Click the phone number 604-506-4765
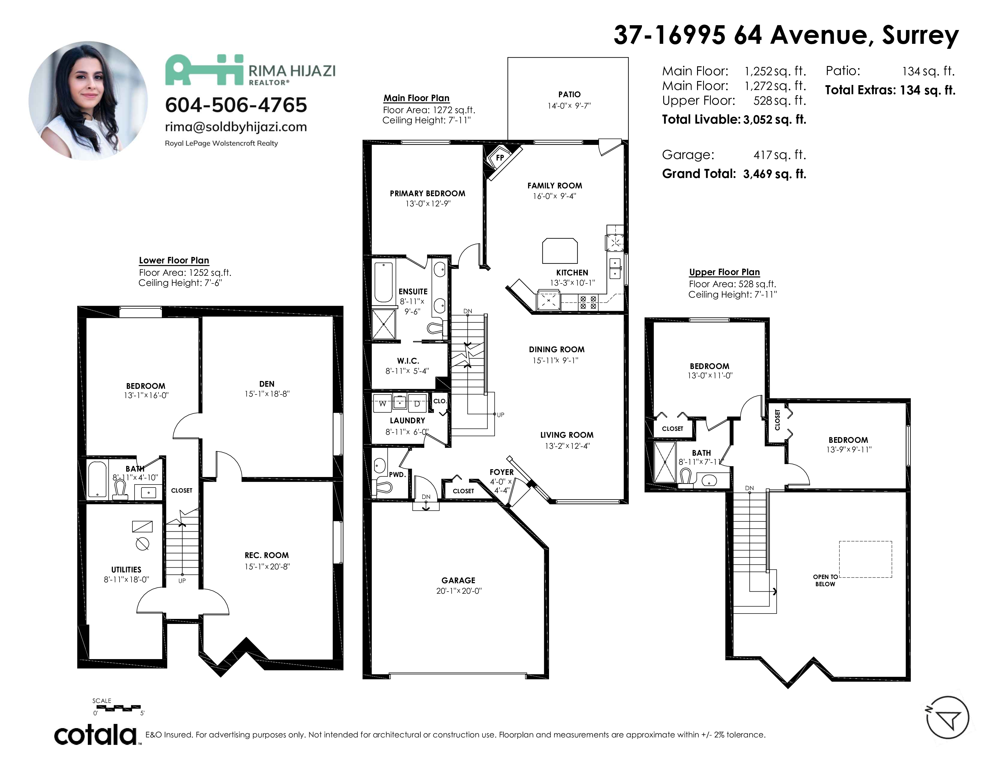point(236,105)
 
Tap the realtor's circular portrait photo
point(88,100)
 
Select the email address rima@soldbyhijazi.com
point(236,127)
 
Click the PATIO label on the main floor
point(569,94)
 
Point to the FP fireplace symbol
point(500,158)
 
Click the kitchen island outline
point(560,250)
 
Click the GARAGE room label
point(458,580)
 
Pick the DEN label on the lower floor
point(267,384)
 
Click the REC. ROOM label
point(267,555)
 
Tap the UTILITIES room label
point(126,570)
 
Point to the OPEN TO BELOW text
point(825,580)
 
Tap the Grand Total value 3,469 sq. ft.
point(774,174)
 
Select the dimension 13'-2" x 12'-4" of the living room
point(567,446)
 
